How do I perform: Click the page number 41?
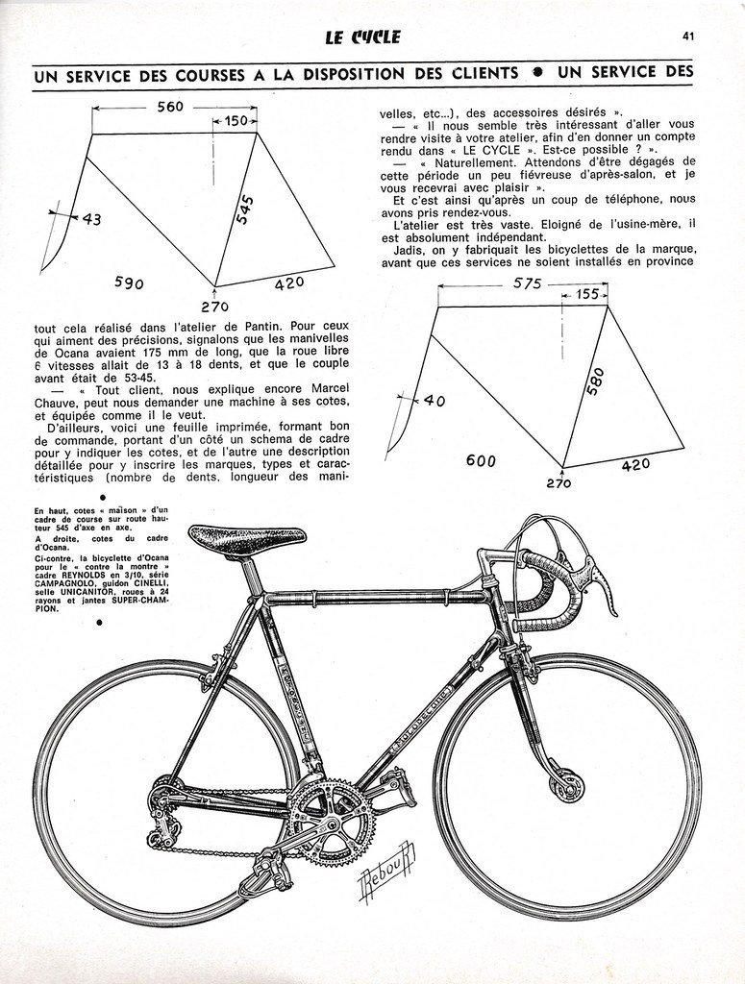(x=688, y=37)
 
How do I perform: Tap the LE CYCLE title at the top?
(x=362, y=38)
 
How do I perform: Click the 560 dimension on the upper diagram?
(x=170, y=107)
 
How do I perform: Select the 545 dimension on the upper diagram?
(x=245, y=210)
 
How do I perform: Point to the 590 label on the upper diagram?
(x=129, y=283)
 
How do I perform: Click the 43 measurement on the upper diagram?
(x=90, y=219)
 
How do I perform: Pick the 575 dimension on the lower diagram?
(x=528, y=283)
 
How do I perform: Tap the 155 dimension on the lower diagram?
(x=587, y=295)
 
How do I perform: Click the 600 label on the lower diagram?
(x=482, y=460)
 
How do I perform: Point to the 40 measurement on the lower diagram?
(x=434, y=401)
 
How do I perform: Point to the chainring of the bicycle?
(x=331, y=820)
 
